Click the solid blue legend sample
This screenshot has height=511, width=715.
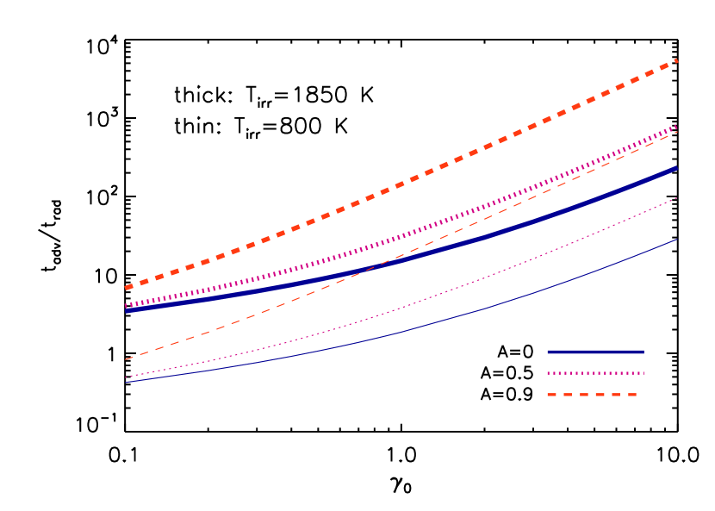(x=595, y=352)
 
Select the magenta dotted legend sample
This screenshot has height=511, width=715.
(x=595, y=373)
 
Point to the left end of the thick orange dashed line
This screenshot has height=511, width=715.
(x=127, y=287)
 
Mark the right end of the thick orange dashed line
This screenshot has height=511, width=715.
(x=677, y=60)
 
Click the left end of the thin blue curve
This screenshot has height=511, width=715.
(x=126, y=383)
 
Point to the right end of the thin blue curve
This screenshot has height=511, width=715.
(x=677, y=240)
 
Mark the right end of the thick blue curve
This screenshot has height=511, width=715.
(x=677, y=168)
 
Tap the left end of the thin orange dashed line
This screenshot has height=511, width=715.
(x=126, y=359)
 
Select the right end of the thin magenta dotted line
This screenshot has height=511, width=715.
(x=677, y=198)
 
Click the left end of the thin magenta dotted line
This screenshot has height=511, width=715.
(x=126, y=377)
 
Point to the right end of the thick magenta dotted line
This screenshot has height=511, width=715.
(x=677, y=126)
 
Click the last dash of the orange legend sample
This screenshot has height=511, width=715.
(x=631, y=395)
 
